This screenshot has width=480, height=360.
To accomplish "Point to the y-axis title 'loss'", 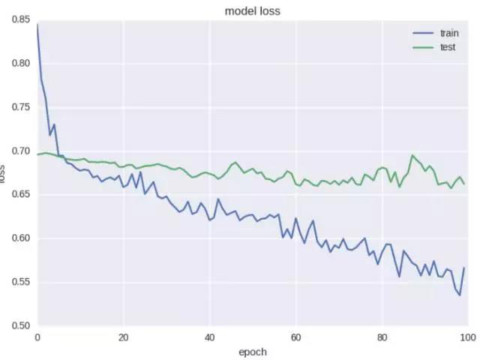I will (4, 178).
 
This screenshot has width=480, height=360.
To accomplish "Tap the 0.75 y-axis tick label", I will (20, 107).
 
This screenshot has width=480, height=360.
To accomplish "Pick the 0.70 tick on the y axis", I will (20, 151).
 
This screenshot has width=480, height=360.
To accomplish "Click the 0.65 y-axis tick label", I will (20, 194).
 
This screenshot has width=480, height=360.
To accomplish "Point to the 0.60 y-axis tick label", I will (20, 238).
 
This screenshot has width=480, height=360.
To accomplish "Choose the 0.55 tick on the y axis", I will (20, 282).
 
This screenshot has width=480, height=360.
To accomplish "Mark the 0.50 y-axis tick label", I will (20, 325).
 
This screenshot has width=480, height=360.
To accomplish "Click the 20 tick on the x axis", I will (123, 337).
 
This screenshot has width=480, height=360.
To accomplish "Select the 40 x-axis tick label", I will (209, 337).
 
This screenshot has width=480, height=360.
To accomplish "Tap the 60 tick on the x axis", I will (295, 337).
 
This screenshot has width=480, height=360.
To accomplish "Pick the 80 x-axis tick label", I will (382, 337).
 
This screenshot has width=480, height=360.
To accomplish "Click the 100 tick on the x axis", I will (466, 337).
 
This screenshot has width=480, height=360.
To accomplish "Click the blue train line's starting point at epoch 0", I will (37, 25).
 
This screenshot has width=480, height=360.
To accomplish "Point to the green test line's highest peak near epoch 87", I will (412, 155).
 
